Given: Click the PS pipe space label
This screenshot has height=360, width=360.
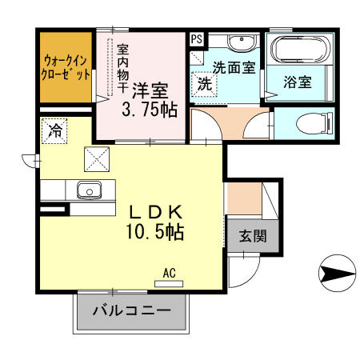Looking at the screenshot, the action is point(197,39).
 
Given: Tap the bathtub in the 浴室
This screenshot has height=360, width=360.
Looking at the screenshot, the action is point(300,50).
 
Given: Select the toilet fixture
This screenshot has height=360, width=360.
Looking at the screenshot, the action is point(314,123).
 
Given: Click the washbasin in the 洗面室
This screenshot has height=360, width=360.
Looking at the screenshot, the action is point(242,42).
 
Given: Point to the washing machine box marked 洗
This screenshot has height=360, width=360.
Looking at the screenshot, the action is point(204,85).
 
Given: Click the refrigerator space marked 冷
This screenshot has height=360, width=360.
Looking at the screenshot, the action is point(54,131).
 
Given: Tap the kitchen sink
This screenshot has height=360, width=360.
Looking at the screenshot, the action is point(89,190).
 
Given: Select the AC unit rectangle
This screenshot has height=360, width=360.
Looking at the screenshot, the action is point(169,284).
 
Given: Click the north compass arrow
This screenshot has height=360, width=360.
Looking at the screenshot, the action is point(338,273).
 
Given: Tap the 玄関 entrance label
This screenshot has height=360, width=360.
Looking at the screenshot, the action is point(253,236).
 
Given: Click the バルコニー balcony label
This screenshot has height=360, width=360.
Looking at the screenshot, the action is point(132,310).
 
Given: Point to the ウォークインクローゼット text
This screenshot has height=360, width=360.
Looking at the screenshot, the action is point(66,68).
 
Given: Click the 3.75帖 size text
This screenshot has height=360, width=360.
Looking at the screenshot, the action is point(150,110).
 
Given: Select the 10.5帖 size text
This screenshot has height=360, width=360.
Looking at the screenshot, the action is point(154,232).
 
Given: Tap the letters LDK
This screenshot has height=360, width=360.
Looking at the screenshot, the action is point(155,212).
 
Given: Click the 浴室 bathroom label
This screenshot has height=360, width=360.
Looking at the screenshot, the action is point(298,82).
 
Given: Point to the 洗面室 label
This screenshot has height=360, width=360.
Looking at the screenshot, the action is point(234,67).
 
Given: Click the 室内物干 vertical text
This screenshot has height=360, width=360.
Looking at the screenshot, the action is point(123,69).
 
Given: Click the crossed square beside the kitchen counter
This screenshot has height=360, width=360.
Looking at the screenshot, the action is point(97,159).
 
